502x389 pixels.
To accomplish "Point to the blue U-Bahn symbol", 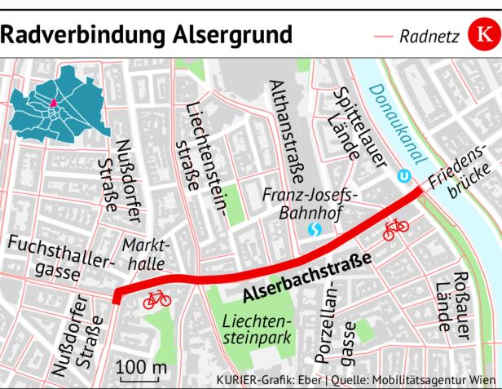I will [x=403, y=175].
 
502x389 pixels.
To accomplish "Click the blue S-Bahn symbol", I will [x=313, y=232].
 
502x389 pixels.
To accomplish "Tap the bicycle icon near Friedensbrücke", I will [x=396, y=228].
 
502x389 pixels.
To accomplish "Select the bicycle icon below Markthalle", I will [x=157, y=299].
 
